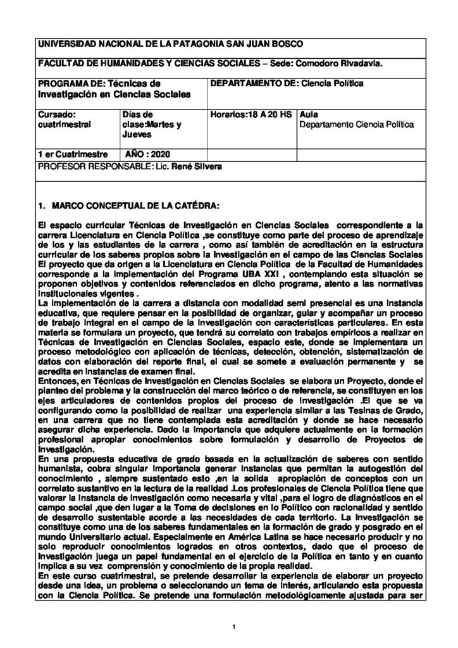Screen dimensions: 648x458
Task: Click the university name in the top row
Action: point(171,43)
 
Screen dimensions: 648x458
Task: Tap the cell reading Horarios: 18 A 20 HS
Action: point(251,115)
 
